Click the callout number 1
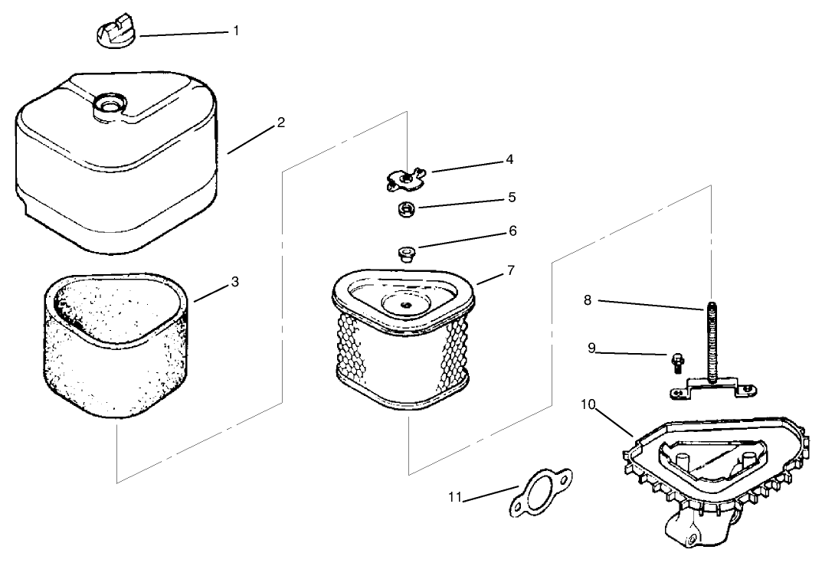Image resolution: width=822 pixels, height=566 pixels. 236,31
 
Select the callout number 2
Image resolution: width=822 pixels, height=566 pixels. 281,123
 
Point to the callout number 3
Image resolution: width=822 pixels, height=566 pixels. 235,282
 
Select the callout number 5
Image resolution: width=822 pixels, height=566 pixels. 513,198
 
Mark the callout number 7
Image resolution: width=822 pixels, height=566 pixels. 510,270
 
